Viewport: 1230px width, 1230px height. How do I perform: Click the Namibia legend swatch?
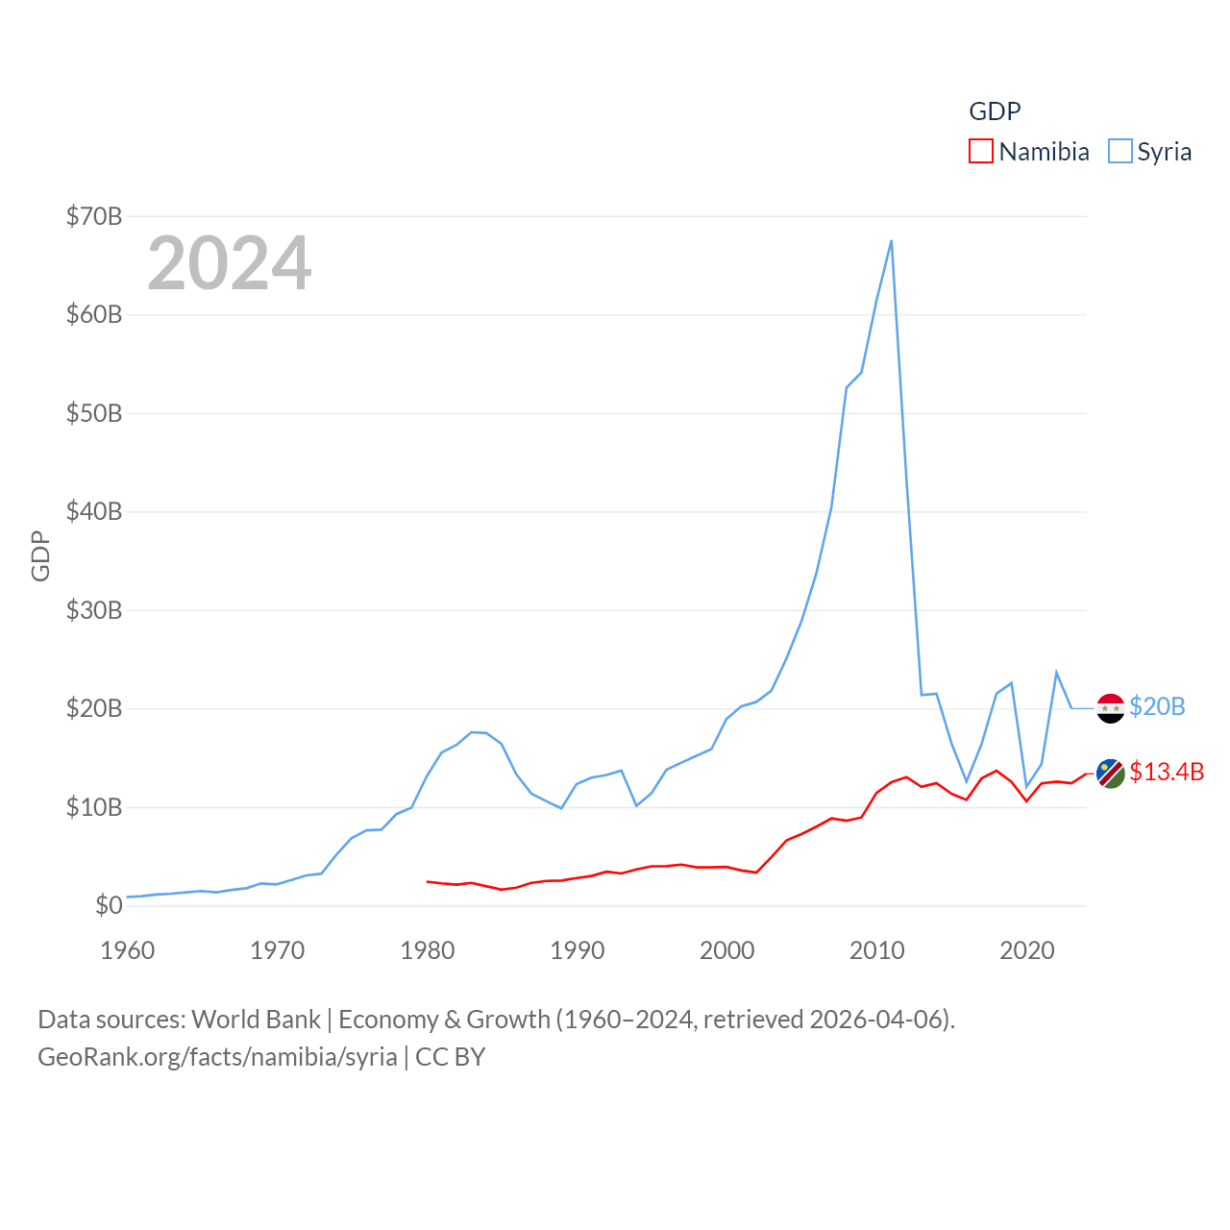click(x=980, y=152)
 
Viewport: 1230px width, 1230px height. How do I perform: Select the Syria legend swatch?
click(x=1119, y=152)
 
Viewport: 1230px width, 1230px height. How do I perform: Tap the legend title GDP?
click(x=995, y=111)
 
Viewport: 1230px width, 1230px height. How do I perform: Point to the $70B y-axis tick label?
click(x=94, y=216)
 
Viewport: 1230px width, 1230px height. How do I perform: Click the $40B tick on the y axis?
click(x=94, y=511)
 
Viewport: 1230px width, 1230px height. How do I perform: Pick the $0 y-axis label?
click(x=109, y=905)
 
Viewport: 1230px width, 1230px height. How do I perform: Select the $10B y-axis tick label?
click(x=94, y=807)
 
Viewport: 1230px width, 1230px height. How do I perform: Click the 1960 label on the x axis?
click(x=128, y=951)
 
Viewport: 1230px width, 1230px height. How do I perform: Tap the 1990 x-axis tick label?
click(x=578, y=951)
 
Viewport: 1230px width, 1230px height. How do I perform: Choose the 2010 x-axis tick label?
click(x=877, y=951)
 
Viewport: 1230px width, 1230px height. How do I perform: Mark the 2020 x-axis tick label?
click(x=1027, y=951)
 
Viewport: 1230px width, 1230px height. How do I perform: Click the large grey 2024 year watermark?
click(x=230, y=263)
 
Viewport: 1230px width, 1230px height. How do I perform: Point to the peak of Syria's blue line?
click(x=891, y=241)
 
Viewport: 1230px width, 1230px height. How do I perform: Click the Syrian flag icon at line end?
click(x=1110, y=708)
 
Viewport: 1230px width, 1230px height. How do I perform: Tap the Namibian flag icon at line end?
click(x=1110, y=774)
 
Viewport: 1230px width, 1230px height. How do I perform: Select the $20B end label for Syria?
click(x=1157, y=706)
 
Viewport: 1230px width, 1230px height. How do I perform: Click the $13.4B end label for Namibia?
click(x=1167, y=772)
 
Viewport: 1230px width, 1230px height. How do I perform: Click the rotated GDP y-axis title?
click(x=40, y=555)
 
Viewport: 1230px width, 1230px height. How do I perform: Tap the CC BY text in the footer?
click(x=451, y=1057)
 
